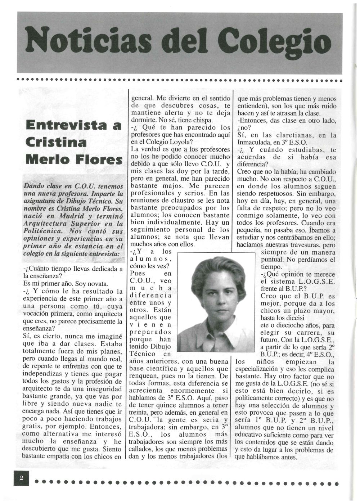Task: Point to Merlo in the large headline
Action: tap(45, 158)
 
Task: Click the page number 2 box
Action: tap(21, 478)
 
